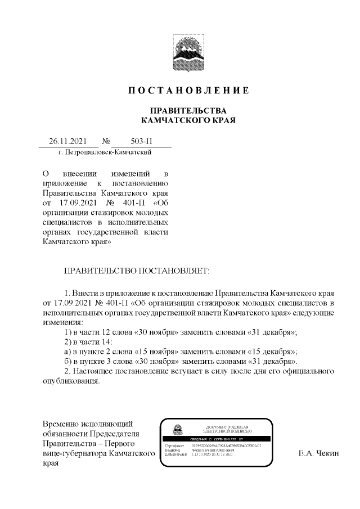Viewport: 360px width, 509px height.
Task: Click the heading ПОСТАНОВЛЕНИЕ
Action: [188, 91]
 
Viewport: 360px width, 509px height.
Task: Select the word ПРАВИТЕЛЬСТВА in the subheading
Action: [188, 110]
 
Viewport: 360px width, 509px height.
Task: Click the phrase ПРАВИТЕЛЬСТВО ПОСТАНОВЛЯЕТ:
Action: [137, 271]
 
